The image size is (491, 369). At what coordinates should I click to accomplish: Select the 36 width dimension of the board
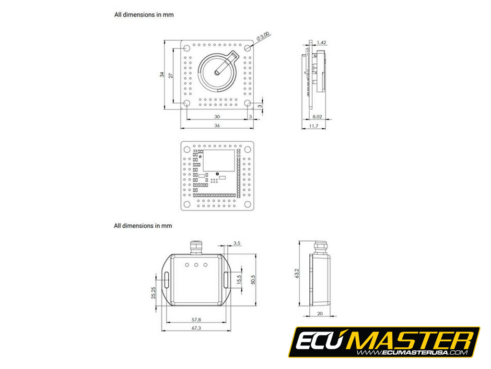click(x=217, y=126)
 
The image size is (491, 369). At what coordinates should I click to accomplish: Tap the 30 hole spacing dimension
click(x=217, y=117)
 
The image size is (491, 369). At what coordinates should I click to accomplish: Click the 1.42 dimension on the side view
click(x=322, y=43)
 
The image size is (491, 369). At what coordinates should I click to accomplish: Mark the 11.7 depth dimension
click(x=314, y=126)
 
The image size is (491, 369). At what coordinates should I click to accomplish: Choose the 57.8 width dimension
click(x=196, y=319)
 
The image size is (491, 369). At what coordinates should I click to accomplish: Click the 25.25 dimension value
click(x=154, y=293)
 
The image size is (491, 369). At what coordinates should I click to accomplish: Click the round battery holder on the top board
click(x=217, y=73)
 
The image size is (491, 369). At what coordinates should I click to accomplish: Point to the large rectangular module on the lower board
click(x=219, y=160)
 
